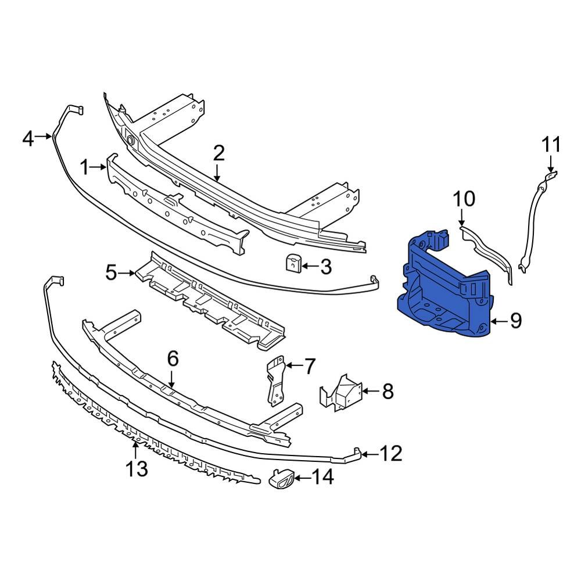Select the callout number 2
pos(218,153)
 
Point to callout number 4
pos(28,139)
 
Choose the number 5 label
pos(113,272)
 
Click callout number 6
pos(173,359)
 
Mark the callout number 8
pos(388,392)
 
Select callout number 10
pos(464,199)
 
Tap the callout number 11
pos(553,145)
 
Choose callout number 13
pos(137,468)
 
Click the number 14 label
pos(323,478)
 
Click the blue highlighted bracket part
pos(444,288)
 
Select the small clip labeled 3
pos(293,263)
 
